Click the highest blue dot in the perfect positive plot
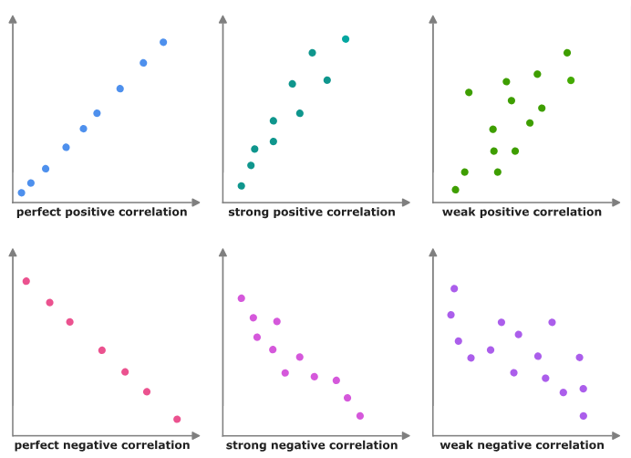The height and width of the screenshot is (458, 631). pyautogui.click(x=163, y=42)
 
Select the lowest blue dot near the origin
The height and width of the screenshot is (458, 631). pyautogui.click(x=22, y=193)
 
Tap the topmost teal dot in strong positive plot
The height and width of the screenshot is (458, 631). pyautogui.click(x=346, y=38)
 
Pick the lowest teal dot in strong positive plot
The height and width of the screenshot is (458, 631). pyautogui.click(x=242, y=186)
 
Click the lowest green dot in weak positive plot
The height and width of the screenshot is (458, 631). pyautogui.click(x=456, y=190)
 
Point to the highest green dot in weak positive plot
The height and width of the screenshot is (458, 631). pyautogui.click(x=567, y=53)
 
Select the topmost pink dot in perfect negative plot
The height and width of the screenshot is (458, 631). pyautogui.click(x=26, y=281)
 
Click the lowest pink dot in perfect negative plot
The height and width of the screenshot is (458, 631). pyautogui.click(x=177, y=419)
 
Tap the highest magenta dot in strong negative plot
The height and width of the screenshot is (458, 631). pyautogui.click(x=242, y=298)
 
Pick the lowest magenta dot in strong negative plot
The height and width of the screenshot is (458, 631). pyautogui.click(x=360, y=416)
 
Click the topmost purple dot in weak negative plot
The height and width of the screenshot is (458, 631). pyautogui.click(x=454, y=288)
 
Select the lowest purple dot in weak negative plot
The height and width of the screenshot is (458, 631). pyautogui.click(x=584, y=416)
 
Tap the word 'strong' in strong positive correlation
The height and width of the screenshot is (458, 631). pyautogui.click(x=248, y=213)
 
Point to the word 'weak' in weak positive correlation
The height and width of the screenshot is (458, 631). pyautogui.click(x=458, y=213)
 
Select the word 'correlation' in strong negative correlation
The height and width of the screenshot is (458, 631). pyautogui.click(x=361, y=445)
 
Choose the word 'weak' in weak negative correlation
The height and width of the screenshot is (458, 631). pyautogui.click(x=456, y=445)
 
